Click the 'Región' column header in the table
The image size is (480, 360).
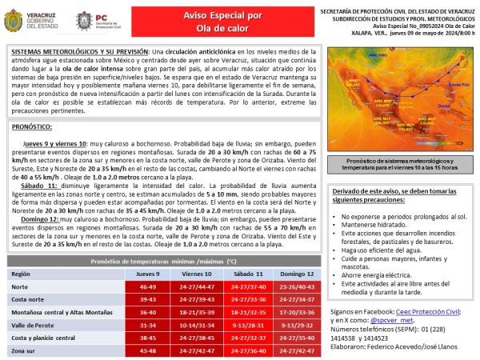click(x=22, y=273)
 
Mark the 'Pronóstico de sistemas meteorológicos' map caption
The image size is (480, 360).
click(x=403, y=163)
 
